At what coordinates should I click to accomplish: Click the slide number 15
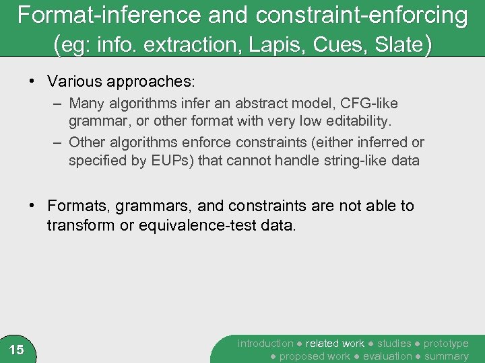tap(17, 350)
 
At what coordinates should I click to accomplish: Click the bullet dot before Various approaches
tap(32, 82)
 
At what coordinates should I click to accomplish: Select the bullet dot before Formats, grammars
tap(32, 206)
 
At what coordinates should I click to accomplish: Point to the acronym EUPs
tap(172, 161)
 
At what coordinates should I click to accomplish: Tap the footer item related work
tap(335, 344)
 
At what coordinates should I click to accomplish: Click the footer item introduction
tap(265, 344)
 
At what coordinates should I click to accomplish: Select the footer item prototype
tap(445, 344)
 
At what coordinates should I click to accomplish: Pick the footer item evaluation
tap(387, 356)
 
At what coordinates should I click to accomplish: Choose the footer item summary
tap(447, 356)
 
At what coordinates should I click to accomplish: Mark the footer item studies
tap(394, 344)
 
